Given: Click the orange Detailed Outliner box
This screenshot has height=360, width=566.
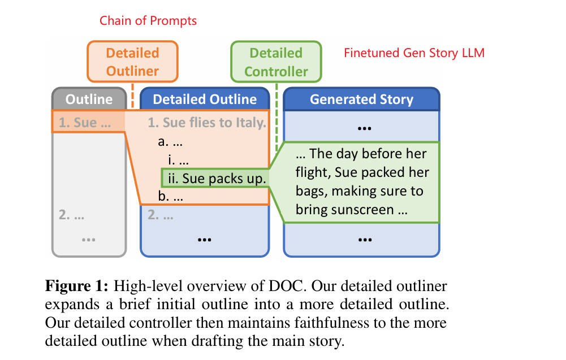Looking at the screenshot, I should pyautogui.click(x=132, y=62).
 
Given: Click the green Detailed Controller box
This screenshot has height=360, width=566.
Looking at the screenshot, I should pyautogui.click(x=276, y=62).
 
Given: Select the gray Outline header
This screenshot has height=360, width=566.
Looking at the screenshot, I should pyautogui.click(x=89, y=99).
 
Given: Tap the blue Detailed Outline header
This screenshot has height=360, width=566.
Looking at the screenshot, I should pyautogui.click(x=205, y=99).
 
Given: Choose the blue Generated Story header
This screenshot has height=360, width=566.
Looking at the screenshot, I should pyautogui.click(x=361, y=100).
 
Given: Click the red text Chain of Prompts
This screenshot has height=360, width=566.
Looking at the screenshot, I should pyautogui.click(x=148, y=21).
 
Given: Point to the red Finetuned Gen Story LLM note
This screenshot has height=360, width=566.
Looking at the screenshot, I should pyautogui.click(x=414, y=53).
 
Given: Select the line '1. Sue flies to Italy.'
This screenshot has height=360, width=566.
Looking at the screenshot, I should pyautogui.click(x=206, y=122).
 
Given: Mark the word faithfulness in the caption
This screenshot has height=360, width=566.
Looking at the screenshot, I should pyautogui.click(x=332, y=323).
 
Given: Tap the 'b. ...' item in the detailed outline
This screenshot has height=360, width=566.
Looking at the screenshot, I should pyautogui.click(x=170, y=198).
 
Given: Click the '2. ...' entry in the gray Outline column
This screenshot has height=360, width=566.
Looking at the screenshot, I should pyautogui.click(x=71, y=215).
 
